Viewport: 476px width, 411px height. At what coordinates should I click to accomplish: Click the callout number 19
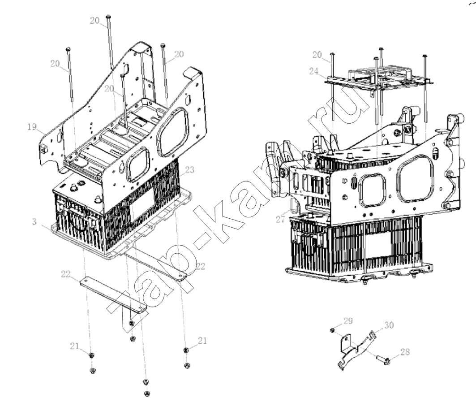click(32, 127)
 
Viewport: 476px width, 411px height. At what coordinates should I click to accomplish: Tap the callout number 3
click(34, 222)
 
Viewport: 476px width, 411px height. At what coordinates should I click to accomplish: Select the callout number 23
click(189, 170)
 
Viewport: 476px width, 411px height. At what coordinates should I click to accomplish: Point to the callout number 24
click(314, 71)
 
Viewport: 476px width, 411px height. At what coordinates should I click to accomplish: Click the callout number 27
click(280, 219)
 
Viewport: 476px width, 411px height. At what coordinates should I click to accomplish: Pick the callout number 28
click(405, 352)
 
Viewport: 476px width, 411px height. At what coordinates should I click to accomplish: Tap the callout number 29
click(348, 321)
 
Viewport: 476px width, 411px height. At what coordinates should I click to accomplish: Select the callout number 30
click(389, 325)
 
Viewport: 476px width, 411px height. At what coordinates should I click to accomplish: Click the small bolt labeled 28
click(383, 360)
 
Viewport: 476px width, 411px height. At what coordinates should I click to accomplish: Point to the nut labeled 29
click(332, 330)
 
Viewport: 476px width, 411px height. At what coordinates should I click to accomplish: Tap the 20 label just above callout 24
click(317, 55)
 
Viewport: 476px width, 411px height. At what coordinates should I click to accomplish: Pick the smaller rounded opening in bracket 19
click(137, 164)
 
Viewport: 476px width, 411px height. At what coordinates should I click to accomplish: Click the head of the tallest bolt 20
click(108, 16)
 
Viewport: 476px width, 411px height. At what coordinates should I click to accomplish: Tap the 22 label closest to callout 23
click(200, 266)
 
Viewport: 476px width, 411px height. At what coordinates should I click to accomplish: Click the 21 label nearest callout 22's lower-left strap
click(74, 346)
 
